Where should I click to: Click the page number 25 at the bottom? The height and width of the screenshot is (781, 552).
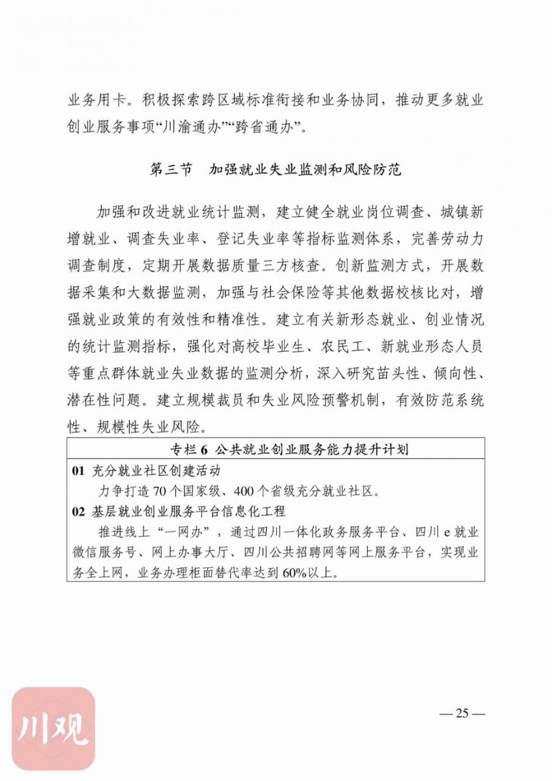(462, 713)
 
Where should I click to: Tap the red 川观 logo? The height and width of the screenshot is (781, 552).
(54, 728)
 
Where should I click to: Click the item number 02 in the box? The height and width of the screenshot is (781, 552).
(78, 511)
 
